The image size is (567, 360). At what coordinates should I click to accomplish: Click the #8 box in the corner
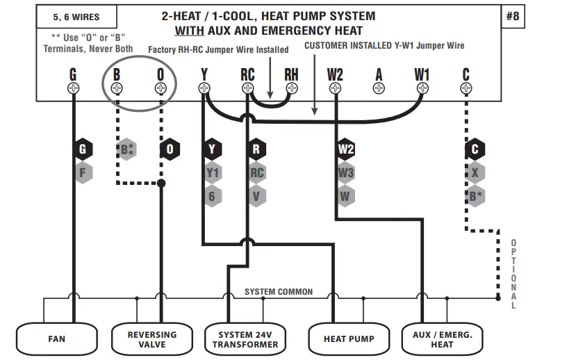(512, 16)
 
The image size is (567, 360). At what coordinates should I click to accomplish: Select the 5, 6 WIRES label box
(76, 17)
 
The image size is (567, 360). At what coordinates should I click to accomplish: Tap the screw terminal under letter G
(73, 88)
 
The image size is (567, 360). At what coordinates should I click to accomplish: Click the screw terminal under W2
(336, 88)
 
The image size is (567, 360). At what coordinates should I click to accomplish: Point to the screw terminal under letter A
(379, 88)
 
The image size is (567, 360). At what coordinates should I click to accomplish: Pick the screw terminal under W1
(422, 88)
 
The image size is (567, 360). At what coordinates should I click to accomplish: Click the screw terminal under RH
(291, 88)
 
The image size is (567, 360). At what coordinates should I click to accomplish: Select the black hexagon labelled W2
(346, 149)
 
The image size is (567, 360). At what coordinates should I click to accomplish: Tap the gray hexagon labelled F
(83, 172)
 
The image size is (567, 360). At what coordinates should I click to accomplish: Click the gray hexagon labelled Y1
(213, 173)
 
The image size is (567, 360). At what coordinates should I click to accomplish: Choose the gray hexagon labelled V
(256, 197)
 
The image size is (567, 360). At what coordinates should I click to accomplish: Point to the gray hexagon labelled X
(475, 173)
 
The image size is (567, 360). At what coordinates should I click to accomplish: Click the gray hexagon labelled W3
(346, 173)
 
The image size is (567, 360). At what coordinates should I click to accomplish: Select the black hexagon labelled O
(170, 149)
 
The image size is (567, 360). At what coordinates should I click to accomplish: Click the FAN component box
(56, 339)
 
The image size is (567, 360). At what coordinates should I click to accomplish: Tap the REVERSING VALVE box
(151, 339)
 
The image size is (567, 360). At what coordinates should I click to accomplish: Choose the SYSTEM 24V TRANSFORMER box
(245, 339)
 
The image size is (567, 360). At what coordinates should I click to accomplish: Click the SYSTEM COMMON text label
(279, 292)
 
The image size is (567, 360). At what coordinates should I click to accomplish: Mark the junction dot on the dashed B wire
(161, 183)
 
